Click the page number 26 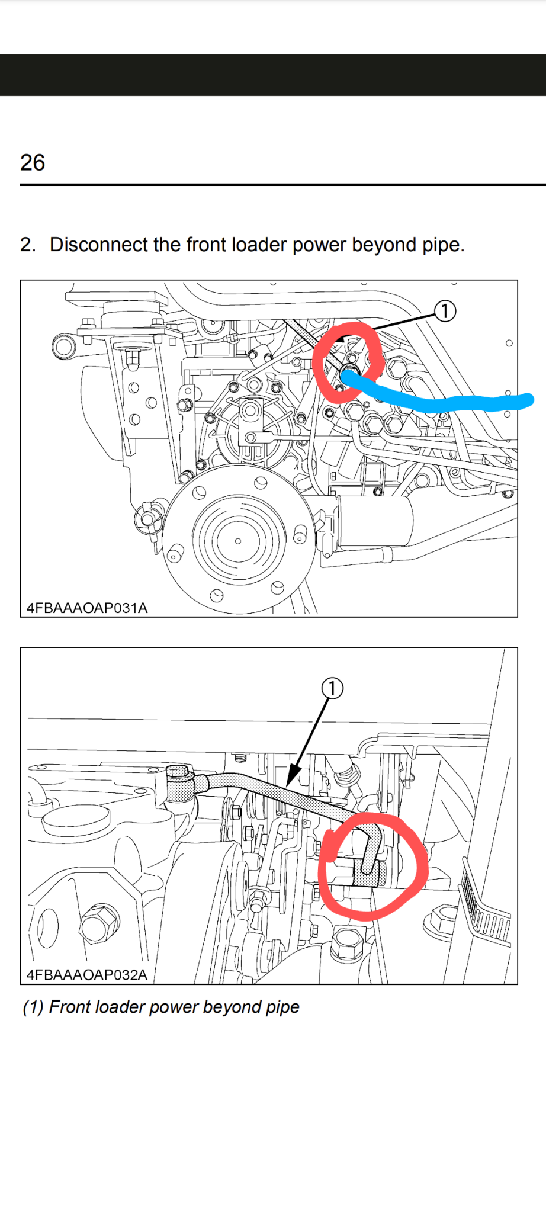point(33,162)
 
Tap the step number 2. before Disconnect point(28,245)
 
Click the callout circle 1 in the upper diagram point(445,311)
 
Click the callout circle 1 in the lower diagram point(332,688)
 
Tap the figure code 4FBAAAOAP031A point(87,608)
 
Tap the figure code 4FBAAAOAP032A point(87,975)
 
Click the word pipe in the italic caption point(282,1007)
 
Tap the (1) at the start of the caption point(33,1007)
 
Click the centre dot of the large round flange point(238,541)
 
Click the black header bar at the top point(273,75)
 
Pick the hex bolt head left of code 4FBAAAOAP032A point(99,925)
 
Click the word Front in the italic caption point(69,1007)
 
